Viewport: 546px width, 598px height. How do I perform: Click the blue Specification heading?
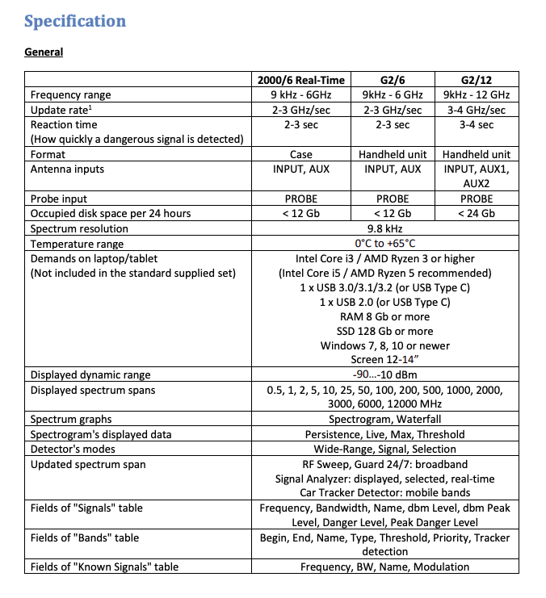click(x=75, y=21)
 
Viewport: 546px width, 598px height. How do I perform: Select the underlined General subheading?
click(x=44, y=52)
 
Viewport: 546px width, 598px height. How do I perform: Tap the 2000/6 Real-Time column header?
click(x=300, y=80)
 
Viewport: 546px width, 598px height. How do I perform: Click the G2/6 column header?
click(x=393, y=80)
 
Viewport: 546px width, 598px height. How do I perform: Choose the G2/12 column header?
click(x=475, y=80)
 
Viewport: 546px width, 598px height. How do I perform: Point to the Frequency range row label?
click(x=71, y=95)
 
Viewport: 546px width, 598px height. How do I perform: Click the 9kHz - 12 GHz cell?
click(x=475, y=95)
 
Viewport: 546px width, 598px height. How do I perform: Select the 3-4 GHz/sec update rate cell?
click(x=475, y=110)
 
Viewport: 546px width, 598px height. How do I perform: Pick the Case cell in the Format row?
click(x=300, y=154)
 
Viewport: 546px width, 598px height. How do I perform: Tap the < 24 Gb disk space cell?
click(x=475, y=214)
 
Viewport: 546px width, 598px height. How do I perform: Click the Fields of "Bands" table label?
click(x=85, y=537)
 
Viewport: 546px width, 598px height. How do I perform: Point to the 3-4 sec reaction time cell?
click(x=475, y=125)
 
